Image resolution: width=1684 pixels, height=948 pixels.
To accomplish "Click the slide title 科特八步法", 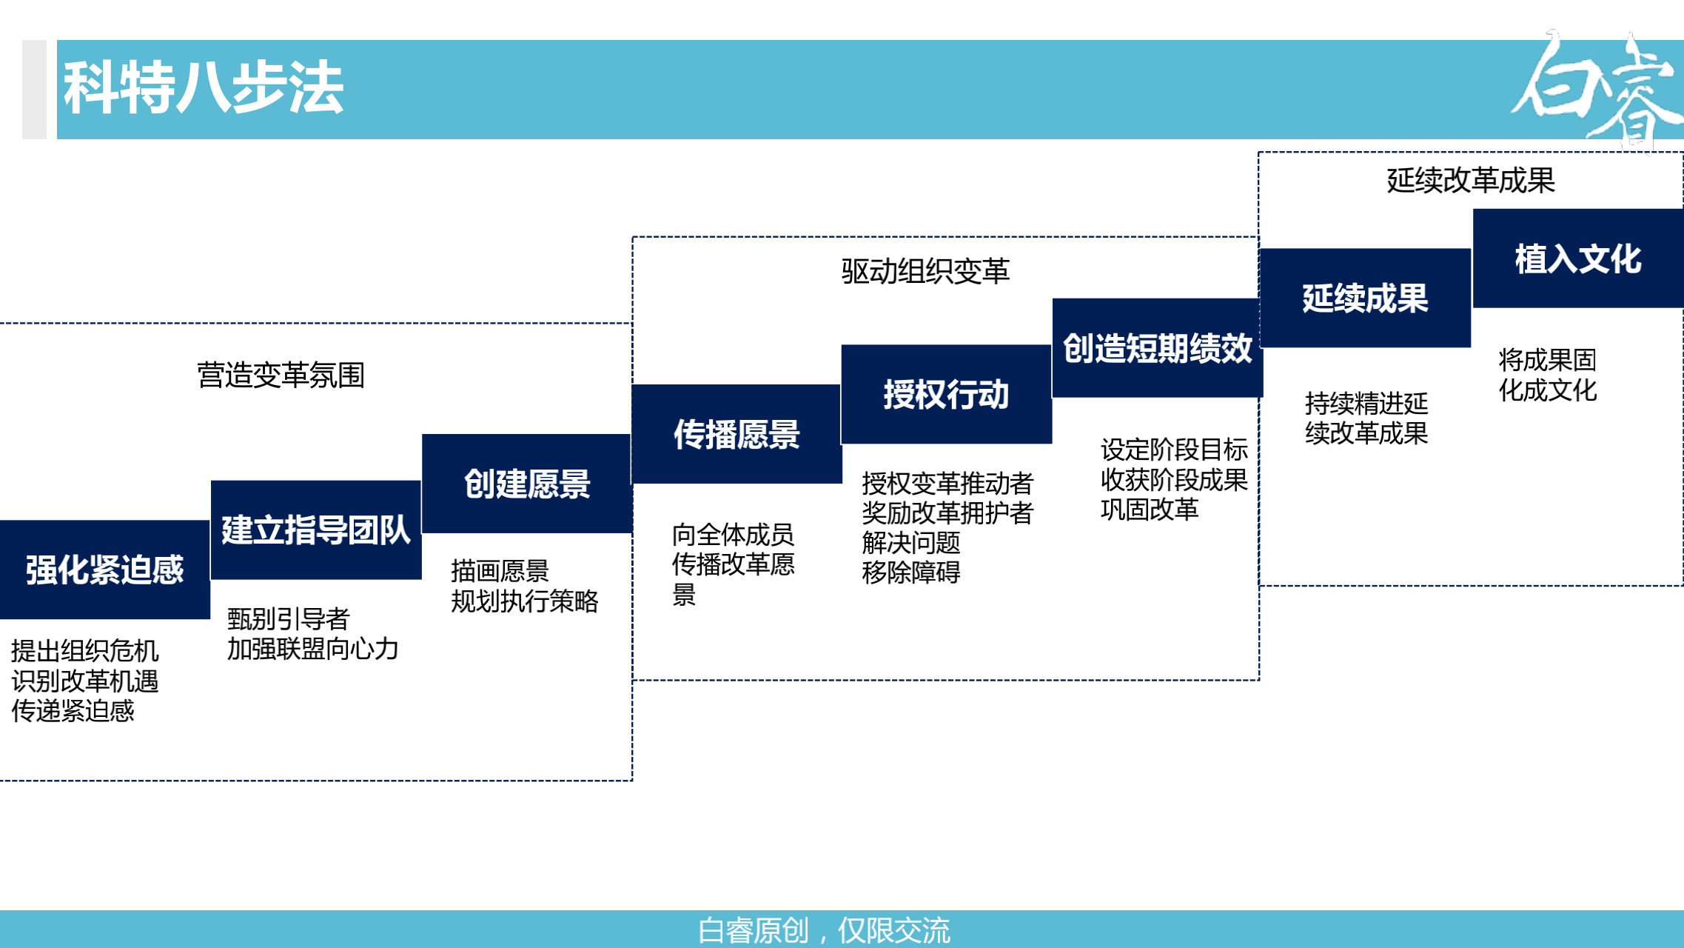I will [203, 88].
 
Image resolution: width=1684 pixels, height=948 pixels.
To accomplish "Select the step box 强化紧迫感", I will [104, 570].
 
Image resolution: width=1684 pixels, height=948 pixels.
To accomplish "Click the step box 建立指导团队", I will [316, 530].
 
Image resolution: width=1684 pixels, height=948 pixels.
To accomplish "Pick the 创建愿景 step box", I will [526, 484].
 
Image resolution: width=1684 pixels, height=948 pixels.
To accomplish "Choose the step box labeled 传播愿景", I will [737, 434].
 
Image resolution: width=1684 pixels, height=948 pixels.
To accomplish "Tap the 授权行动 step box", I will [946, 394].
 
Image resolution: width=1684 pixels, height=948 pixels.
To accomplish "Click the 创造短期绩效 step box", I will [1157, 348].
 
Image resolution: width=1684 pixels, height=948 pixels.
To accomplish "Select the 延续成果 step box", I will [1365, 298].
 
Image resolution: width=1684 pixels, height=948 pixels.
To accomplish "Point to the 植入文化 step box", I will [1577, 258].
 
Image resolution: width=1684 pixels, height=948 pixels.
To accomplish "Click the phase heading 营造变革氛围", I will [281, 375].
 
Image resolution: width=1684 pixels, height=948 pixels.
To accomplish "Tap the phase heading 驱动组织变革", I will [925, 271].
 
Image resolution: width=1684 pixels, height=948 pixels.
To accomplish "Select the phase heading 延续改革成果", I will [1470, 180].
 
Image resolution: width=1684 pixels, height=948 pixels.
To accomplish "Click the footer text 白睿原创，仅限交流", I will [823, 930].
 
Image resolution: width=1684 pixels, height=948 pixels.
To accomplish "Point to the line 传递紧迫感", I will [73, 711].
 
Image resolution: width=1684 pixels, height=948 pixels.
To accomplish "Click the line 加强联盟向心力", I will [312, 649].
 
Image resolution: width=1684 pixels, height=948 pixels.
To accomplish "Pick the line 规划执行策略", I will [524, 601].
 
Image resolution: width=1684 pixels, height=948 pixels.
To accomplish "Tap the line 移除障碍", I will [910, 573].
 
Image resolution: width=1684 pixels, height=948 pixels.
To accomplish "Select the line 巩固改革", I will [1149, 510].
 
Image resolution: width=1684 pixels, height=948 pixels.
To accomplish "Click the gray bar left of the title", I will [34, 90].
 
